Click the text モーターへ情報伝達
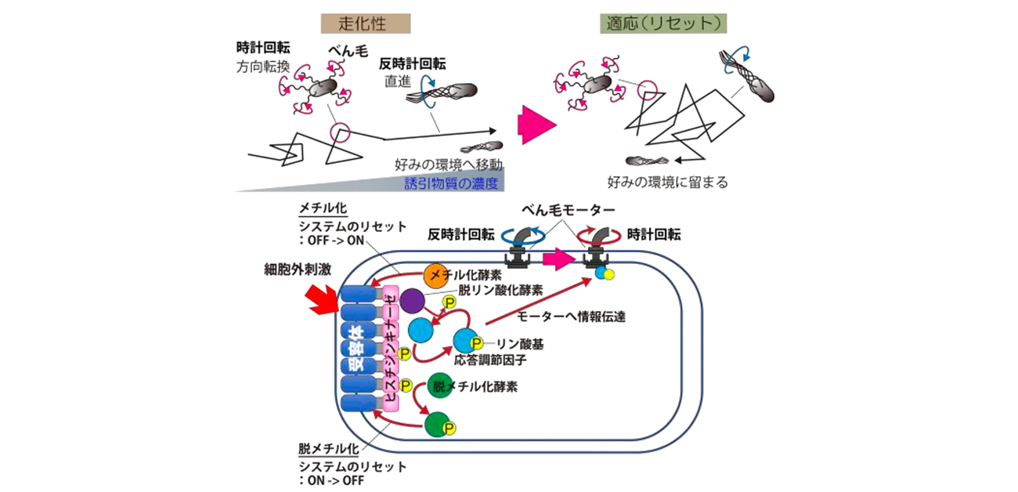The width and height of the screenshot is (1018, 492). pos(572,317)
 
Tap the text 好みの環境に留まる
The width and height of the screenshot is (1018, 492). pos(668,183)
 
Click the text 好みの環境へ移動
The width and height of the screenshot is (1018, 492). pos(448,165)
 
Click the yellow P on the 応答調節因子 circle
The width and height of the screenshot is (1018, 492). pos(476,342)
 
